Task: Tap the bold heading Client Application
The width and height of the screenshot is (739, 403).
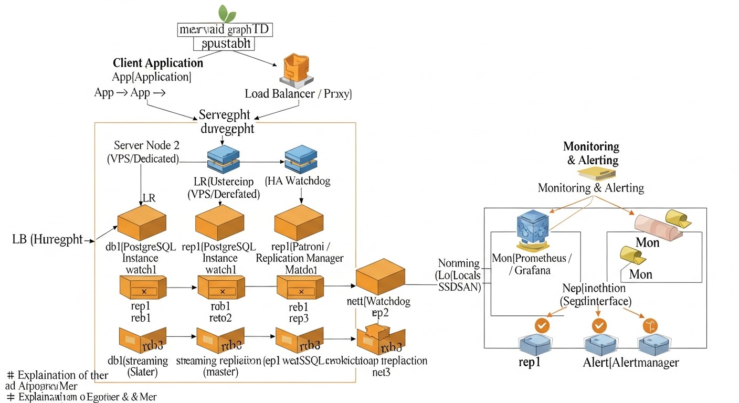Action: [158, 63]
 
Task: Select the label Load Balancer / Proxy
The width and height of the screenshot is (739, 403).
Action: [298, 94]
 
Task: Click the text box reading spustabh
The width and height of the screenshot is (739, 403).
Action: [225, 44]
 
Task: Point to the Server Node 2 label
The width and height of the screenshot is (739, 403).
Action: [146, 151]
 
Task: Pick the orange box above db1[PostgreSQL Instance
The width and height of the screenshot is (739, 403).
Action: [141, 222]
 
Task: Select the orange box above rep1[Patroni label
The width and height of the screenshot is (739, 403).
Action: [299, 222]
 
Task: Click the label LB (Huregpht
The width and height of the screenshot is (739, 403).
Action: [47, 239]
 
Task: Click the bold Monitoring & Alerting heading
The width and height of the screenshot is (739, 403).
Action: [591, 153]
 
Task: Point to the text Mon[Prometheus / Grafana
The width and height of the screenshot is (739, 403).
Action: [532, 264]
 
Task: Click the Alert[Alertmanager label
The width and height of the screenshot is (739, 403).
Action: [631, 363]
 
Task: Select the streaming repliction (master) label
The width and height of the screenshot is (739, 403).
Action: [218, 366]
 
